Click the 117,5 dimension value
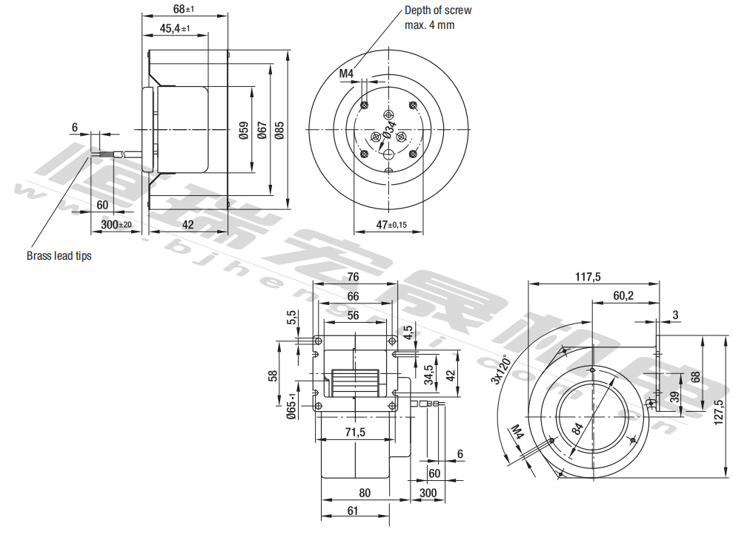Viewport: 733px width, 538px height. tap(587, 277)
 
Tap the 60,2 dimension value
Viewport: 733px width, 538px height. tap(624, 295)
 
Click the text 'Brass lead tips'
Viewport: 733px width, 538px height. tap(59, 256)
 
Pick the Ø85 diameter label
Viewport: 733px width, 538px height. tap(279, 131)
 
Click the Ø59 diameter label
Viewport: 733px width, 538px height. tap(243, 131)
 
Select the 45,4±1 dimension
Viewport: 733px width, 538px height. tap(175, 29)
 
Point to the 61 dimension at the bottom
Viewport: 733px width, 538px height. tap(353, 511)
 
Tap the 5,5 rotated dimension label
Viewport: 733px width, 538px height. tap(292, 318)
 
